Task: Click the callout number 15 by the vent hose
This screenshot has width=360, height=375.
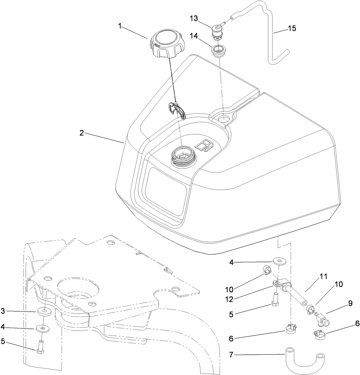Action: tap(292, 28)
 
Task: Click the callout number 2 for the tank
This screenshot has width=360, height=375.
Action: tap(81, 133)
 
